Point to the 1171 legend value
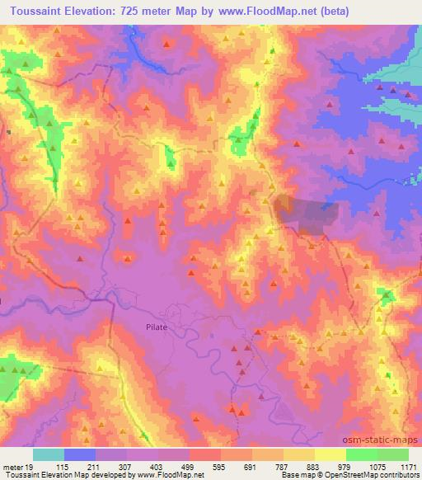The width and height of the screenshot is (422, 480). click(409, 467)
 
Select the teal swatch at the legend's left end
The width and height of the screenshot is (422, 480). click(49, 454)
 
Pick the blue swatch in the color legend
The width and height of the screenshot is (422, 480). click(80, 454)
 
